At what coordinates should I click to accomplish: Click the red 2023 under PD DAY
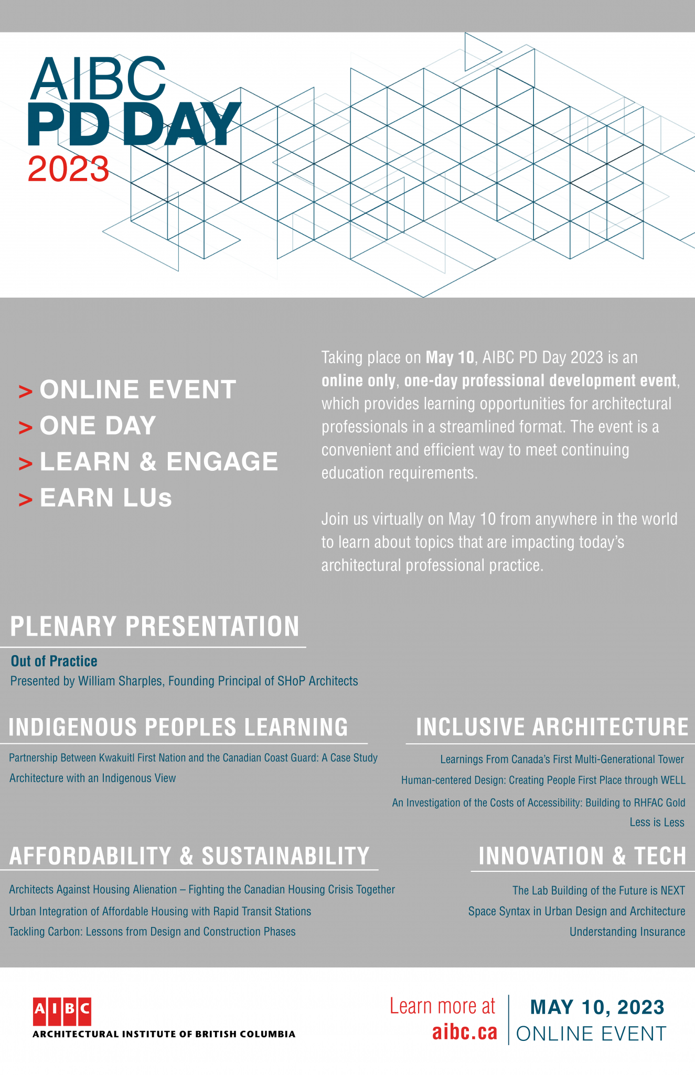tap(68, 170)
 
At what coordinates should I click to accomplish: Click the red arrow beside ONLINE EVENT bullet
tap(25, 391)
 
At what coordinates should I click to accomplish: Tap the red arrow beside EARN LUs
tap(25, 500)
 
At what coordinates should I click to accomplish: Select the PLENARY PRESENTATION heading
tap(155, 626)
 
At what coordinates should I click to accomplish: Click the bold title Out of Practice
tap(54, 661)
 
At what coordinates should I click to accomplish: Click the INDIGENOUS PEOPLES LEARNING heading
tap(178, 727)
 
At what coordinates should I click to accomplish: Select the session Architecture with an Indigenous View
tap(92, 778)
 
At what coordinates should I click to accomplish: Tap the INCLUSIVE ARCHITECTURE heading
tap(552, 727)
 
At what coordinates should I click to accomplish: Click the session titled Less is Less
tap(657, 823)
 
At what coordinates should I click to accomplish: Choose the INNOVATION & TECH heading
tap(582, 856)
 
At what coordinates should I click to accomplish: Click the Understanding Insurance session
tap(627, 932)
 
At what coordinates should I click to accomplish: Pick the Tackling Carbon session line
tap(152, 932)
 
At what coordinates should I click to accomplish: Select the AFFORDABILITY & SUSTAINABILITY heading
tap(189, 856)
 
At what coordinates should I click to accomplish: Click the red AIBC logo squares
tap(62, 1011)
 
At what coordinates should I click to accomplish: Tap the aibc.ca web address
tap(464, 1032)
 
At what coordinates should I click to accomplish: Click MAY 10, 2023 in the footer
tap(597, 1007)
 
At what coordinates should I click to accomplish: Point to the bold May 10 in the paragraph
tap(450, 358)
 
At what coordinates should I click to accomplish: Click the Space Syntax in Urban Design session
tap(576, 911)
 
